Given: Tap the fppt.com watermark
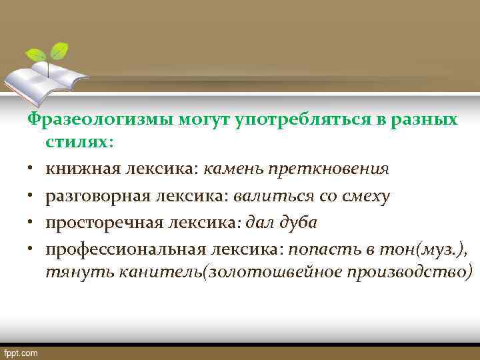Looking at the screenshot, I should point(21,352).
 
